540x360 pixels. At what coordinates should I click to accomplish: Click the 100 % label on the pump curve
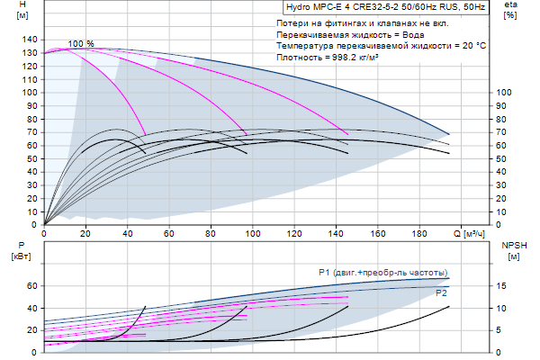(81, 44)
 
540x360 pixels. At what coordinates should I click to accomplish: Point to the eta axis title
(510, 10)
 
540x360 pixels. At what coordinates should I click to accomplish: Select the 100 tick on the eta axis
(505, 93)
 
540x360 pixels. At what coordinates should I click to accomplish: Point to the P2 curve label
(441, 293)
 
